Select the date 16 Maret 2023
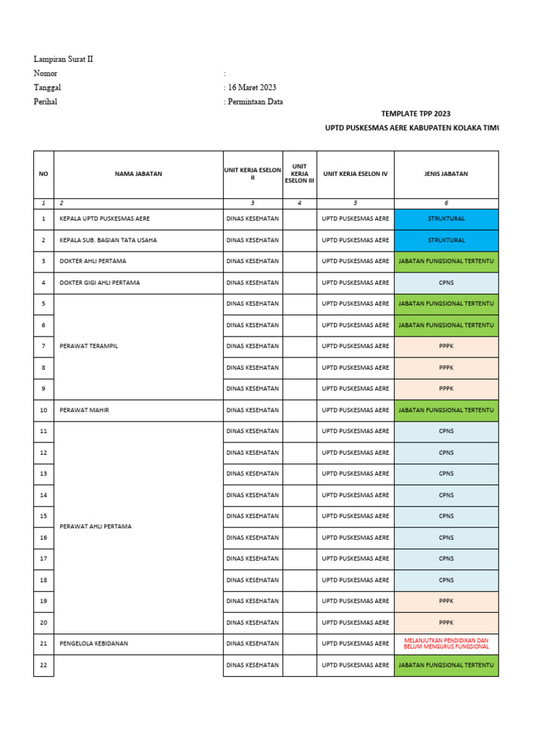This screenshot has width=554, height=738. (x=252, y=87)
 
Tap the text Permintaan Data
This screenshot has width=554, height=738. (x=256, y=102)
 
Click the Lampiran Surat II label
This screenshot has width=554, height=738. (x=63, y=59)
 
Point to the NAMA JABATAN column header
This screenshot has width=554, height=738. (x=138, y=174)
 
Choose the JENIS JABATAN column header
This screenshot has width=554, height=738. (x=446, y=174)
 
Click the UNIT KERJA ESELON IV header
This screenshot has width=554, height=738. (x=355, y=174)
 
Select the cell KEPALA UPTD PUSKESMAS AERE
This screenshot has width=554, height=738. (x=105, y=218)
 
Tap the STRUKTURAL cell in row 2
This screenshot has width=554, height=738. (x=446, y=240)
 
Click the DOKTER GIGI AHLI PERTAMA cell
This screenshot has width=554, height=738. (x=100, y=283)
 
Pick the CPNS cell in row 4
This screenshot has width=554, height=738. (x=446, y=283)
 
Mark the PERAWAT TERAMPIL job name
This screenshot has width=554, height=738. (x=89, y=346)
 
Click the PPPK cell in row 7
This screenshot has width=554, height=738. (x=446, y=346)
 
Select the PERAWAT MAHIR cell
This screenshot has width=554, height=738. (x=84, y=410)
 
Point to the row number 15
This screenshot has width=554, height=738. (x=43, y=516)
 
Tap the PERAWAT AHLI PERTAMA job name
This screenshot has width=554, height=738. (x=96, y=527)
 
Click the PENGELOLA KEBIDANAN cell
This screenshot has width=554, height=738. (x=94, y=644)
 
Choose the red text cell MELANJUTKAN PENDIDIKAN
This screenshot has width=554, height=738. (x=446, y=644)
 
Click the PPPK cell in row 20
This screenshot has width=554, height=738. (x=446, y=622)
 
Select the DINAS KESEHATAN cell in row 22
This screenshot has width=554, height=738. (x=252, y=665)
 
